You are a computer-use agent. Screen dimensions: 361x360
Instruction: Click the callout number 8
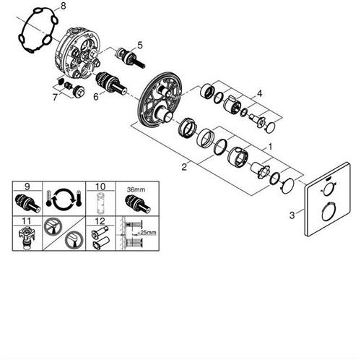click(x=63, y=6)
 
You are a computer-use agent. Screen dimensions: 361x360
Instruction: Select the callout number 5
click(x=140, y=45)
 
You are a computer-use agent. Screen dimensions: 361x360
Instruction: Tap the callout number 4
click(x=259, y=93)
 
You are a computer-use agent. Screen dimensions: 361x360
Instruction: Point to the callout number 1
click(x=270, y=147)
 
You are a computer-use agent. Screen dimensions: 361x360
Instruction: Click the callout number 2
click(x=184, y=167)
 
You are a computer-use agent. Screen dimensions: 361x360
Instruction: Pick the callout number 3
click(x=292, y=215)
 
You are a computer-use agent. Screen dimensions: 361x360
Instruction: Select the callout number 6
click(x=96, y=97)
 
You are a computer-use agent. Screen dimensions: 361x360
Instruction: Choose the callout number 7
click(x=55, y=98)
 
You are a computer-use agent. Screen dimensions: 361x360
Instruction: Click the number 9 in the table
click(x=27, y=187)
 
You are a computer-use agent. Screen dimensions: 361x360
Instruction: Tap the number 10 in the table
click(x=100, y=187)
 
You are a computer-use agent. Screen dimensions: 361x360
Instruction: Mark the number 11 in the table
click(x=27, y=220)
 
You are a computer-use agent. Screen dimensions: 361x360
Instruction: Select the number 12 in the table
click(x=100, y=220)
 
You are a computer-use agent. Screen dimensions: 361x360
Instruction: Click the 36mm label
click(x=136, y=189)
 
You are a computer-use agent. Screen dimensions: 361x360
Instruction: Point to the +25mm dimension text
click(x=147, y=233)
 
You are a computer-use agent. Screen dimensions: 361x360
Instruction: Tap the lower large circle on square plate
click(x=328, y=212)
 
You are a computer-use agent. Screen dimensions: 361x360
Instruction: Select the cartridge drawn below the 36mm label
click(x=138, y=204)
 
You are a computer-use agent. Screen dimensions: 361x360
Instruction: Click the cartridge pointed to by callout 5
click(x=130, y=59)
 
